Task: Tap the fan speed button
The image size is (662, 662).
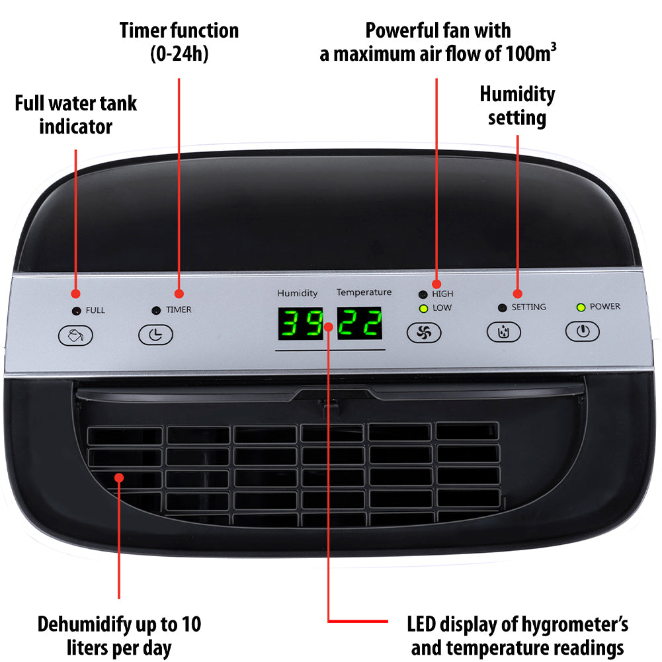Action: (423, 333)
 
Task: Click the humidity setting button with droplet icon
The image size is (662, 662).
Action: (504, 331)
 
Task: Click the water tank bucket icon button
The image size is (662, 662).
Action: (76, 335)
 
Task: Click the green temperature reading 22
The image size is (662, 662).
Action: (360, 324)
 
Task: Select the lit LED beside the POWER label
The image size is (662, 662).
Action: (581, 307)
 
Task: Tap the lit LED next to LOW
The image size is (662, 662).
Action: (423, 308)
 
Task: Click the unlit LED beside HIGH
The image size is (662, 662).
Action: (423, 294)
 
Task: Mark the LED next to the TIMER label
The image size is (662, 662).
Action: (156, 310)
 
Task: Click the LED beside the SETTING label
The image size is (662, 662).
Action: (502, 308)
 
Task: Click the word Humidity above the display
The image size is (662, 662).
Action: (297, 293)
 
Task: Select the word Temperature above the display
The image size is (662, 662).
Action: (364, 292)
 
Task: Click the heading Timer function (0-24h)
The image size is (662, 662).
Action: (179, 41)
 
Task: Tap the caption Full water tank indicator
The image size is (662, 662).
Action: (76, 114)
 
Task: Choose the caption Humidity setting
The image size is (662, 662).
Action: (517, 106)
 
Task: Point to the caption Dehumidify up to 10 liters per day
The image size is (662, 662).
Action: (119, 635)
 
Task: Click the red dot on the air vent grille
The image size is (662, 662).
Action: (119, 477)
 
